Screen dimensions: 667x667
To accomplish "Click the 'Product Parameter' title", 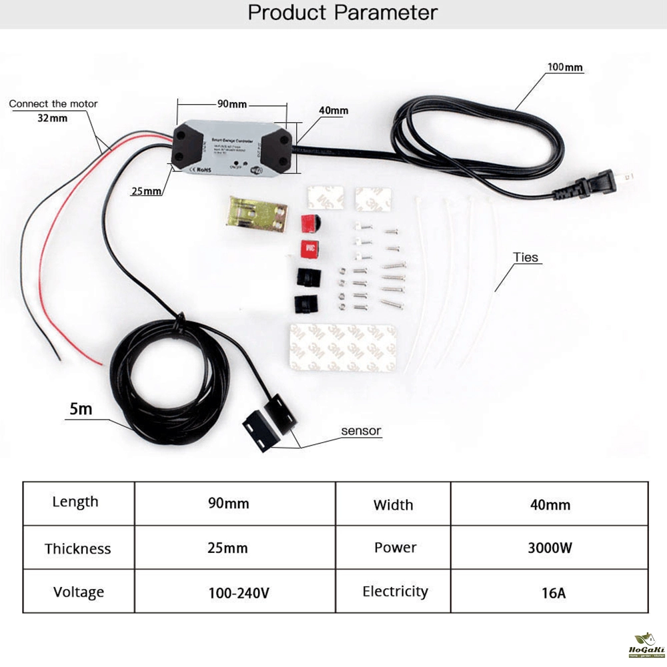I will (x=343, y=13).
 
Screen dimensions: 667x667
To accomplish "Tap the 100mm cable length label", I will (x=565, y=67).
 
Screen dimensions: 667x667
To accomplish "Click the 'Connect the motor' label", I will (x=53, y=104).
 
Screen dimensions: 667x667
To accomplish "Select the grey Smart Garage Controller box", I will (x=234, y=147).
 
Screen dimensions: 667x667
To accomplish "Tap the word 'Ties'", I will (x=526, y=257).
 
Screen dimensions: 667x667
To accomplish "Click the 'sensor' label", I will (x=361, y=431).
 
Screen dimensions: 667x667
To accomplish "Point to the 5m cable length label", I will (x=81, y=409).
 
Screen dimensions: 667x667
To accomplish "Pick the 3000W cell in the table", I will (x=550, y=548).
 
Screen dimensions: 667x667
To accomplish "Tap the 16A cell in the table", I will (x=550, y=592).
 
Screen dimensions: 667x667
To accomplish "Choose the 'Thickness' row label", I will (x=78, y=549).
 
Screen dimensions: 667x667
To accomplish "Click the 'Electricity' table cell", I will (x=395, y=592).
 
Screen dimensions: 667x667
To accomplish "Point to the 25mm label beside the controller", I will (x=146, y=191).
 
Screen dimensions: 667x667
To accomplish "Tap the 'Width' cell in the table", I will (x=394, y=505).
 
